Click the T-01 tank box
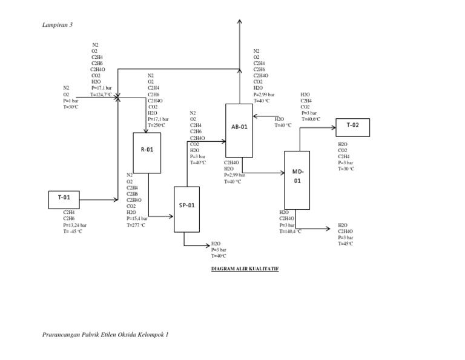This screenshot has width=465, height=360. [64, 199]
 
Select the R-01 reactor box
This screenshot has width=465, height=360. [147, 153]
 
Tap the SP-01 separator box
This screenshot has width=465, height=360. [186, 209]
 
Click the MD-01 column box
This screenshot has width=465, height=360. [297, 180]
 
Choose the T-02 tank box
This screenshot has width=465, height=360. [352, 127]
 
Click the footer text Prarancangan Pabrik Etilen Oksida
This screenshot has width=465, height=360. [106, 335]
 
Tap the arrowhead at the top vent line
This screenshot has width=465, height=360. [239, 22]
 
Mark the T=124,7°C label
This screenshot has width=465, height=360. [101, 95]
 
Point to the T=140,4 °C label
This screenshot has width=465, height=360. [290, 231]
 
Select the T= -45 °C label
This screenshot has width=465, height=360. [73, 231]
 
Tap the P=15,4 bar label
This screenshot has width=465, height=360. [137, 219]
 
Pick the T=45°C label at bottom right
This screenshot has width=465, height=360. [346, 243]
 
